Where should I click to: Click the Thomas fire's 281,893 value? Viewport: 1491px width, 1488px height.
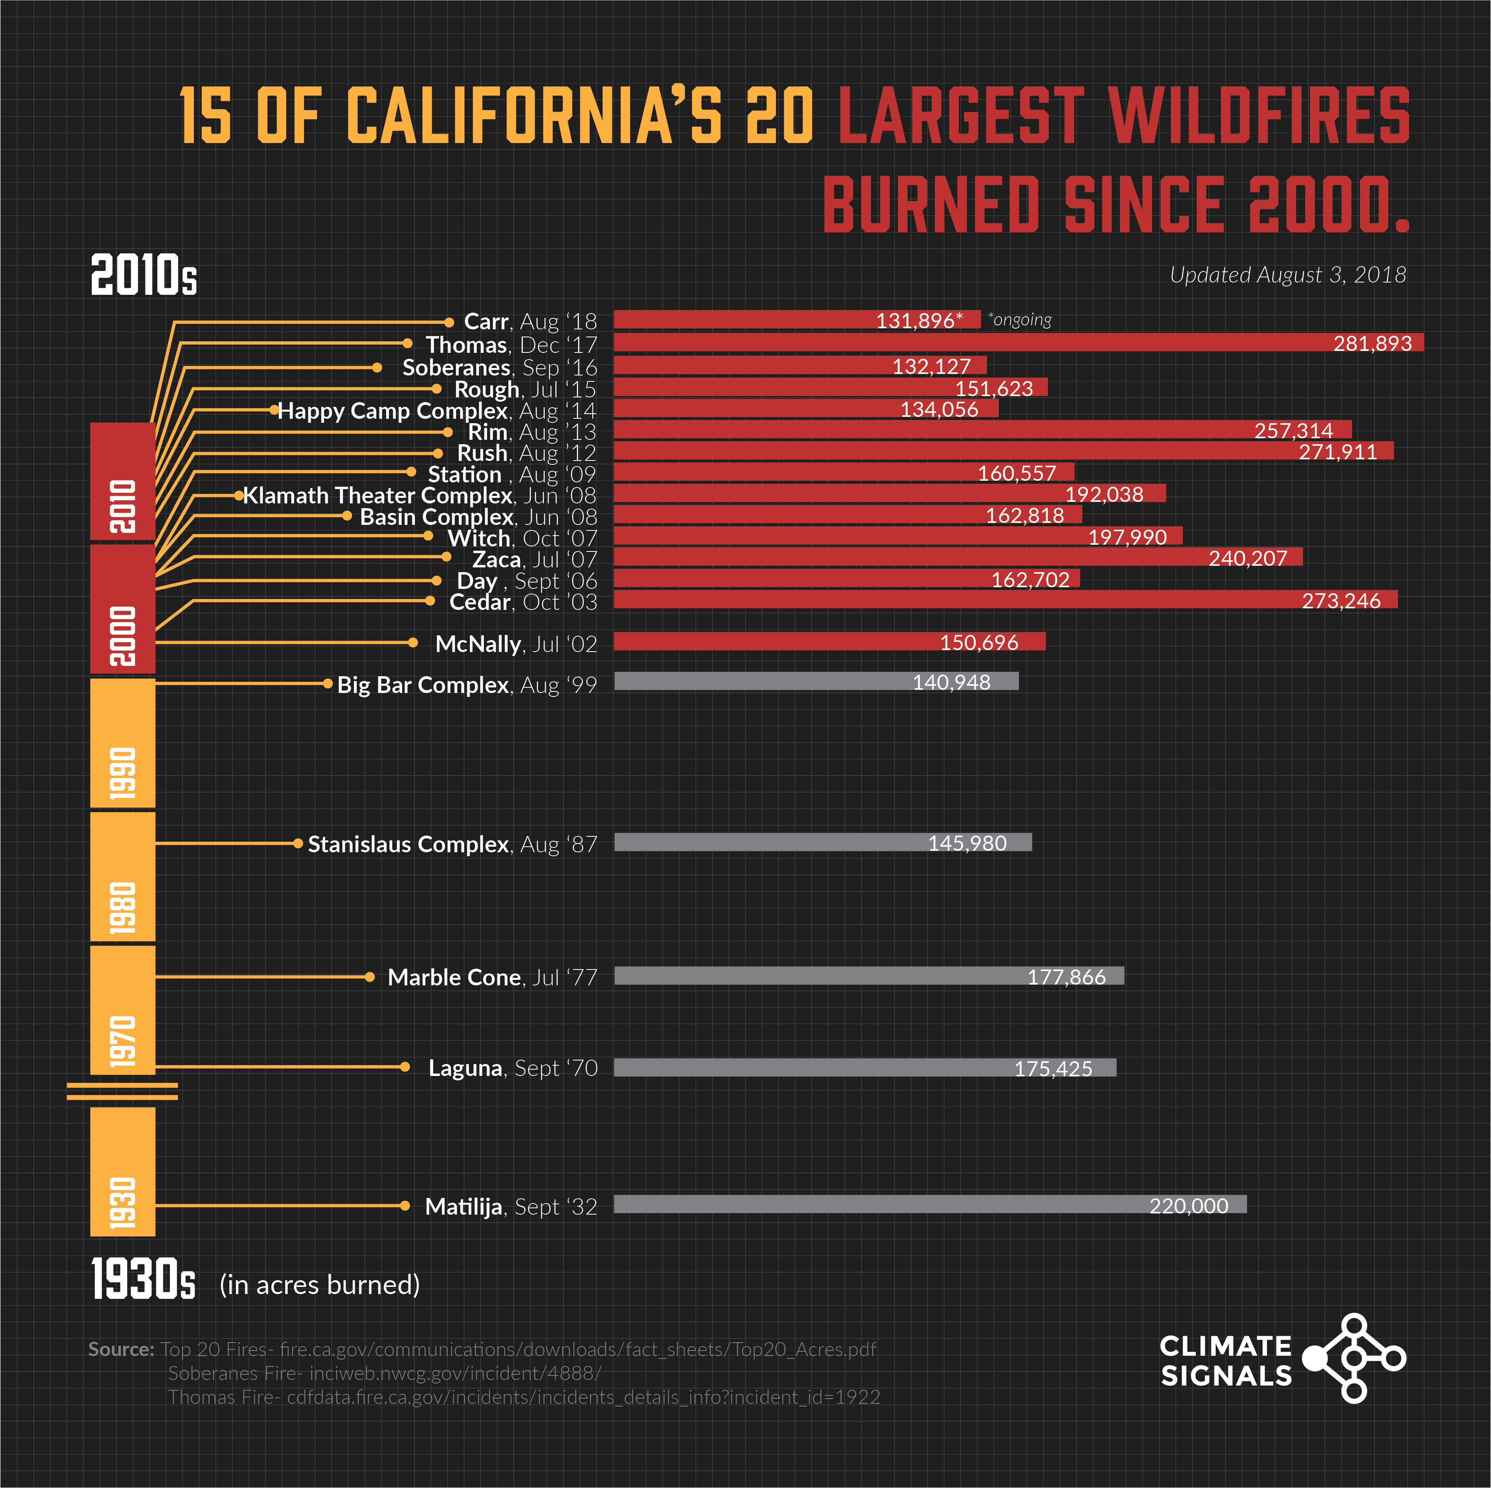[x=1372, y=343]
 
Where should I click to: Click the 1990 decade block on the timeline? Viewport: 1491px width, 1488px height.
[x=123, y=743]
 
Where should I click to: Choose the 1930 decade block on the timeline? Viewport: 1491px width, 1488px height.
[x=123, y=1172]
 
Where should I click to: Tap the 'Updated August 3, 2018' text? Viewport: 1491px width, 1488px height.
[x=1287, y=275]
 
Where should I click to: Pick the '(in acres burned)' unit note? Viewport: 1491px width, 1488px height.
[x=319, y=1285]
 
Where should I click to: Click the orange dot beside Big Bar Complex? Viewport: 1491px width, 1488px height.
[x=328, y=683]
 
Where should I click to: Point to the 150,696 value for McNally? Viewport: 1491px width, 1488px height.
[x=979, y=642]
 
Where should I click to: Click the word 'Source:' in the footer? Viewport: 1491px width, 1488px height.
[x=121, y=1349]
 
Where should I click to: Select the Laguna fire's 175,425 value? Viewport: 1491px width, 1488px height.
[x=1053, y=1068]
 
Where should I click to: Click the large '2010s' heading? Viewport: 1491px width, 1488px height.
[x=143, y=275]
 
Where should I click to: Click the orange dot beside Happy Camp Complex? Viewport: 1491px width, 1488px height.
[x=274, y=410]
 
